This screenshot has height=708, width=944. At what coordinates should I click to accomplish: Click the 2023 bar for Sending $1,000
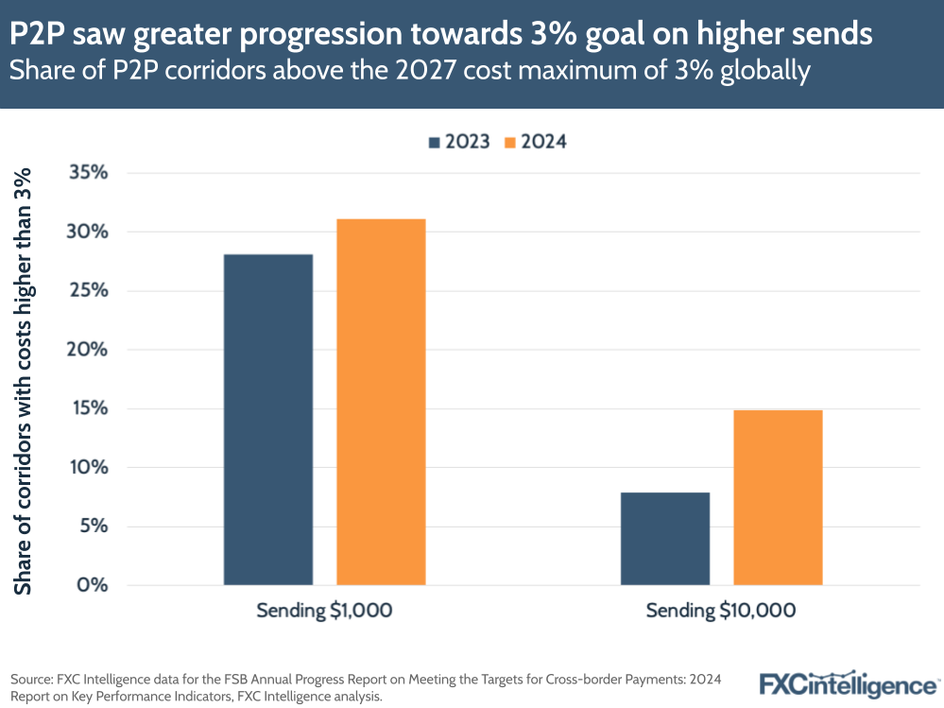click(x=268, y=419)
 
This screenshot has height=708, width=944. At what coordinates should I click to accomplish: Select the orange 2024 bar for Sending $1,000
click(x=381, y=402)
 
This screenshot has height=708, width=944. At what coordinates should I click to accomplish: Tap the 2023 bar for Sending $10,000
click(x=664, y=538)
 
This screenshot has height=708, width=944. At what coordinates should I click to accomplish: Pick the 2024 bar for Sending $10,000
click(x=778, y=497)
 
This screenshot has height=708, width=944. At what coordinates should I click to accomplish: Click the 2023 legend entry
click(x=459, y=142)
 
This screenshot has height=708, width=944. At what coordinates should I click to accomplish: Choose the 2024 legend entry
click(x=536, y=142)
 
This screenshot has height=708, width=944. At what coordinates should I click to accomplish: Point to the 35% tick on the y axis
click(x=89, y=173)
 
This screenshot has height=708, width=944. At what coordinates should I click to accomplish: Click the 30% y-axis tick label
click(x=89, y=232)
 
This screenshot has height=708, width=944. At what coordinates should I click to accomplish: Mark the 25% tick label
click(x=89, y=291)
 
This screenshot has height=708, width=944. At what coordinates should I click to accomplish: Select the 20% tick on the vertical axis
click(x=89, y=350)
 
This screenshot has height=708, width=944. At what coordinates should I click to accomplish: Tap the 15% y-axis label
click(x=89, y=408)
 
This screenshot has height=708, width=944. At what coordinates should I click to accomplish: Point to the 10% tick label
click(x=89, y=467)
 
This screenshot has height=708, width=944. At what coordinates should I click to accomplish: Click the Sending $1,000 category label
click(x=324, y=611)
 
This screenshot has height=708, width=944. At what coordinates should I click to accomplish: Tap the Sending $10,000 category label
click(x=721, y=611)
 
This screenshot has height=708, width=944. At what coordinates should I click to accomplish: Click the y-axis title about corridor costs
click(x=23, y=380)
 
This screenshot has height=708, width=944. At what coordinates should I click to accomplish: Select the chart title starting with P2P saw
click(x=441, y=35)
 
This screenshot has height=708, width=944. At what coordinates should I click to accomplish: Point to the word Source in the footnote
click(x=31, y=679)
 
